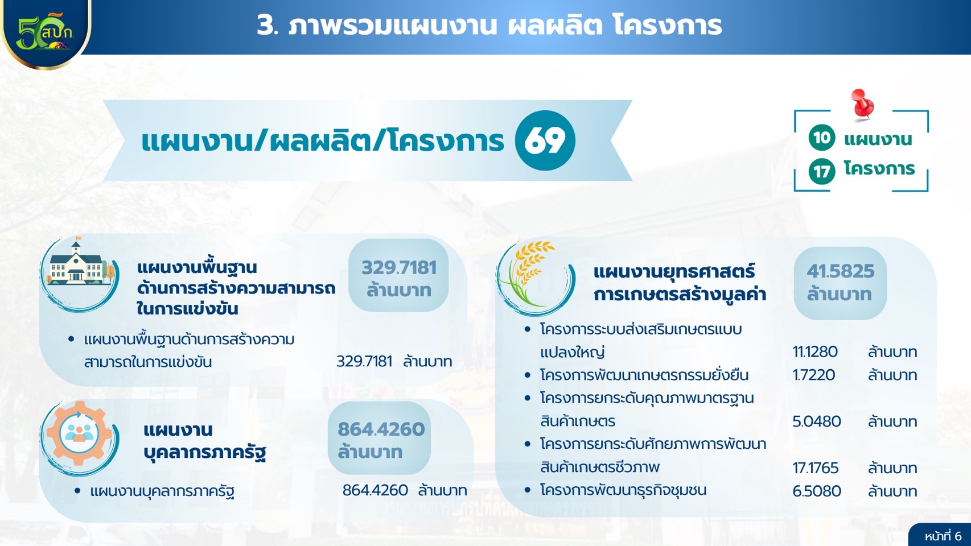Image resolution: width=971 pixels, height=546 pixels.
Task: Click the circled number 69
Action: tap(545, 140)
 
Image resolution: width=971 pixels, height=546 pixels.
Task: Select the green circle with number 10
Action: tap(821, 138)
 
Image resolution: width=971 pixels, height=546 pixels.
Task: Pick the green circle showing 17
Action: tap(821, 171)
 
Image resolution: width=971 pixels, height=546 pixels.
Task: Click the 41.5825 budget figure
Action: tap(841, 271)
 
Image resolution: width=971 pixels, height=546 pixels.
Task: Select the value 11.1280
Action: tap(815, 351)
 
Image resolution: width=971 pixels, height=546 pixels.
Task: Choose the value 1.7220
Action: tap(814, 375)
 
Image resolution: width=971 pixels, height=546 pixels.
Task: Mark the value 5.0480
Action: tap(817, 421)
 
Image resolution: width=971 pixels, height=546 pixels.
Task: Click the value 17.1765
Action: tap(816, 468)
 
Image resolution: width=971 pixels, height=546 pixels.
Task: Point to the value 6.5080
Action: tap(817, 491)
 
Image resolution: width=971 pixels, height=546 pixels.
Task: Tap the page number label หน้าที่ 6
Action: tap(943, 536)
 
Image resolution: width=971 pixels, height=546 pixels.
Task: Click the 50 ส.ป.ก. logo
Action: tap(46, 32)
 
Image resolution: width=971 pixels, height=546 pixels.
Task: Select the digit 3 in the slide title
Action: tap(265, 26)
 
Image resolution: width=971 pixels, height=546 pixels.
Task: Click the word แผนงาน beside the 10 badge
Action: tap(878, 139)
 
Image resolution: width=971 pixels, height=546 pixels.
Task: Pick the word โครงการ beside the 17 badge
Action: tap(879, 168)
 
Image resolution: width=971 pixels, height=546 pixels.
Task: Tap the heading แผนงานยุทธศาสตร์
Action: tap(674, 272)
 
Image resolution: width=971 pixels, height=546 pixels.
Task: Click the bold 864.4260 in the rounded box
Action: tap(381, 429)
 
